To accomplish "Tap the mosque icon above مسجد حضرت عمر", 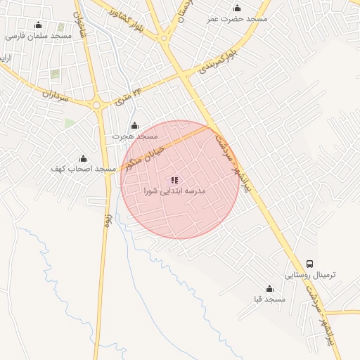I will click(x=238, y=8).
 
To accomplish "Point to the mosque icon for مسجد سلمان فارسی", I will click(x=38, y=25).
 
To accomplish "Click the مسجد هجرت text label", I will click(x=137, y=135).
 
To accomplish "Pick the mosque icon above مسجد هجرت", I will click(x=135, y=125).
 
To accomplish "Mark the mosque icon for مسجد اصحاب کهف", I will click(x=83, y=159).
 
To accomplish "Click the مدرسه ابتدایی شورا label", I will click(x=174, y=191).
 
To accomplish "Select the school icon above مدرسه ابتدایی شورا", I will click(x=174, y=180).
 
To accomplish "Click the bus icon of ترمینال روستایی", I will click(x=310, y=264).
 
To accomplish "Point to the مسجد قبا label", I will click(x=269, y=300).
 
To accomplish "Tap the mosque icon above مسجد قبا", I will click(x=269, y=289).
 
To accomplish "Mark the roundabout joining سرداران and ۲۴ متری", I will click(x=97, y=105).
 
